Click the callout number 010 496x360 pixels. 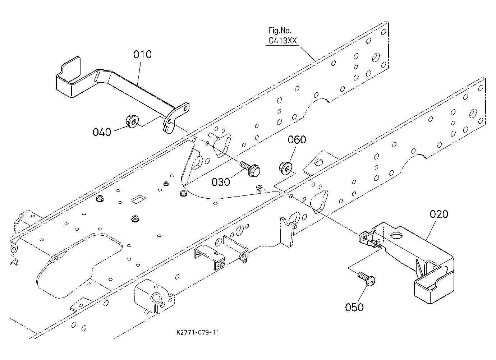142,55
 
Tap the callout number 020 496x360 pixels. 439,214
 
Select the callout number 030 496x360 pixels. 221,182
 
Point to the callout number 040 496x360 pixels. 102,132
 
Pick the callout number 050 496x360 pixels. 354,307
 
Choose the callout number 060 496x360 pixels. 297,139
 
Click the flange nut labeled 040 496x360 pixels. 132,121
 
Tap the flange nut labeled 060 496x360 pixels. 285,168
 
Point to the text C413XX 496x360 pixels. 282,41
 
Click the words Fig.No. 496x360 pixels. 280,31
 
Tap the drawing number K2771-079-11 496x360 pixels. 198,333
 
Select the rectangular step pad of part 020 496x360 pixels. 434,288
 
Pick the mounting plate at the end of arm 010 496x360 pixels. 176,117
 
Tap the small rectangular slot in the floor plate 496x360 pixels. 138,199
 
